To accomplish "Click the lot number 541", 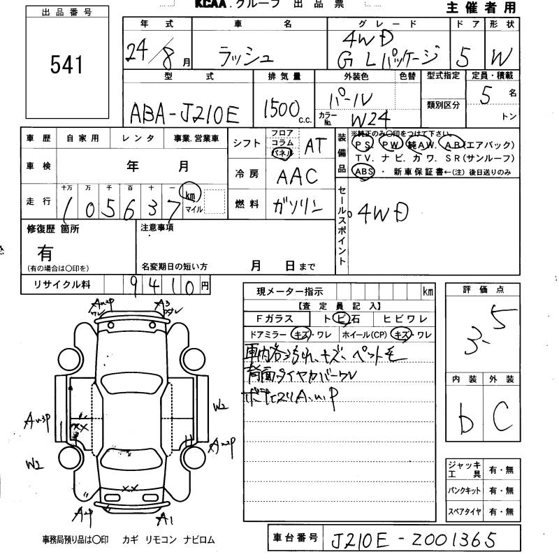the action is point(66,64).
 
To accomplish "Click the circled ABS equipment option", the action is point(363,171).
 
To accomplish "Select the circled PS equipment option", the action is point(363,145).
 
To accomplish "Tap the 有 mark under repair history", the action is point(45,251).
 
